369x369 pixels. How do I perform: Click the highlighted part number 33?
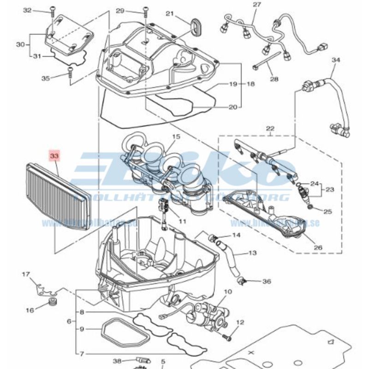tap(54, 156)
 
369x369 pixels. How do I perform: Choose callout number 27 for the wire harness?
tap(256, 5)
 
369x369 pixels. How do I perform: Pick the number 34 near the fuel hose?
tap(335, 60)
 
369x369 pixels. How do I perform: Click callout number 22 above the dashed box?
tap(270, 128)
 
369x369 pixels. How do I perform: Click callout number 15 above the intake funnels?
tap(176, 137)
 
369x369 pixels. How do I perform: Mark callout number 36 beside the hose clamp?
tap(267, 281)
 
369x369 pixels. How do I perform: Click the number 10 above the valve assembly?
tap(227, 292)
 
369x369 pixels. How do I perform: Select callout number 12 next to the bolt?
tap(240, 322)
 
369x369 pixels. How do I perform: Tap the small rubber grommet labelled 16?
tap(52, 302)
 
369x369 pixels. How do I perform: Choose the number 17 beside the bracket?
tap(26, 274)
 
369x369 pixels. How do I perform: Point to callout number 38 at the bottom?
tap(117, 361)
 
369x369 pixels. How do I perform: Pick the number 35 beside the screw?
tap(45, 78)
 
